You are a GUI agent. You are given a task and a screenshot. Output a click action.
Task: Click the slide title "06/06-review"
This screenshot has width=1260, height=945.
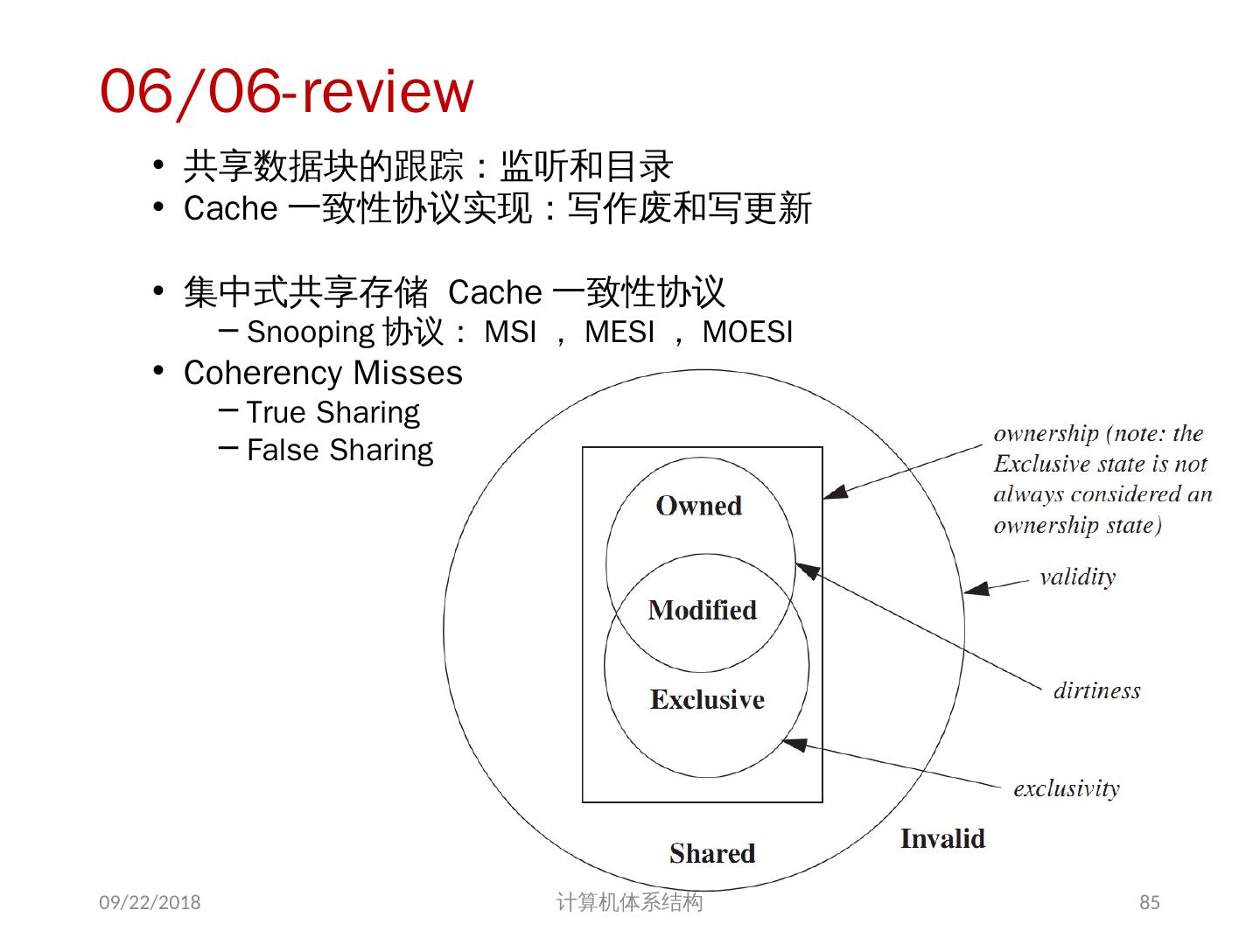[286, 91]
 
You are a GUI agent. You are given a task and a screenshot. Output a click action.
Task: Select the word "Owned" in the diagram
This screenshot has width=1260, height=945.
[698, 506]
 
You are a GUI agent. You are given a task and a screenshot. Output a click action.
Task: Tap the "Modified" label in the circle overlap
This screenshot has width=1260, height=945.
[702, 610]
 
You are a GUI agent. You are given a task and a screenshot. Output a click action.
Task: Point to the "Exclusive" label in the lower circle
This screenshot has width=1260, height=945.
[707, 699]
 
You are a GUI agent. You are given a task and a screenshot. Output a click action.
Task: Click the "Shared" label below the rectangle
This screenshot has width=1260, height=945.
[711, 853]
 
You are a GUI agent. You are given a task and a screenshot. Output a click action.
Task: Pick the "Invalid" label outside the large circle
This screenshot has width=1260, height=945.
[942, 838]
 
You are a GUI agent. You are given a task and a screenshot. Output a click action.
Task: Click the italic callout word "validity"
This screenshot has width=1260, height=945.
[1077, 577]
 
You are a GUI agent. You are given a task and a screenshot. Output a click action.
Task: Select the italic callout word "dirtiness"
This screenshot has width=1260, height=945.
[1096, 690]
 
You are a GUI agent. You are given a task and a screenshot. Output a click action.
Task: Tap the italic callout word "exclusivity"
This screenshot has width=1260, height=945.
[1066, 788]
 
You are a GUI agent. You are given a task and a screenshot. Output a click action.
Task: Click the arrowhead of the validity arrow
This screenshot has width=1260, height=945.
[973, 590]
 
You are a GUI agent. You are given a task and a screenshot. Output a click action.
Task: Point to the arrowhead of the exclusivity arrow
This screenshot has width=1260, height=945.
[789, 744]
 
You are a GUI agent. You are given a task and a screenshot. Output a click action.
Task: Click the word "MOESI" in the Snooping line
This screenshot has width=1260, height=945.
[747, 332]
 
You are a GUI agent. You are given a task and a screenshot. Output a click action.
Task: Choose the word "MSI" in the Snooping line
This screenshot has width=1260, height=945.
[510, 332]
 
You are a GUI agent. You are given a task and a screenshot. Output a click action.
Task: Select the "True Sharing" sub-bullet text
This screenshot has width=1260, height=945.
[332, 412]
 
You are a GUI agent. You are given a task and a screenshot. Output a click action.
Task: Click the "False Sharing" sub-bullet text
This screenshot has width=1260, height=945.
[339, 450]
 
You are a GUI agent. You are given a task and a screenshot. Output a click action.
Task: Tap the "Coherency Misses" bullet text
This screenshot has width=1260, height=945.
[323, 373]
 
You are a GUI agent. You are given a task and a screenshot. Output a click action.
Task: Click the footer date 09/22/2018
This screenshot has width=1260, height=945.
[150, 902]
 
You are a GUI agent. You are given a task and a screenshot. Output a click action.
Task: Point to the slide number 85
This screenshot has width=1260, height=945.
[1149, 902]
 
